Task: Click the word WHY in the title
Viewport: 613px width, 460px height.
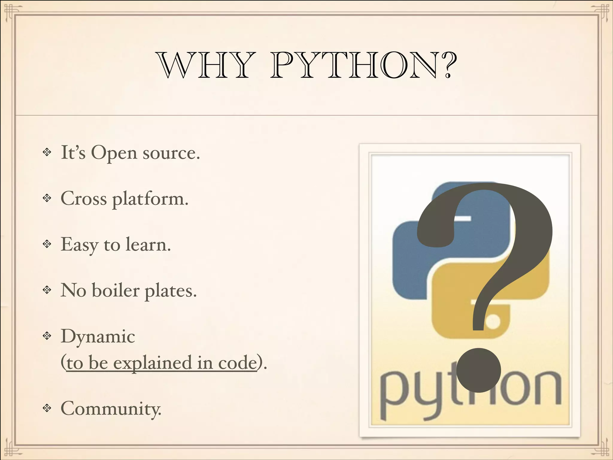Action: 206,65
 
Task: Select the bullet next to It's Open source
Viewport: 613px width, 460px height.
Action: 47,152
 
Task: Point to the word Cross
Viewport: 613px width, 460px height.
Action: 84,199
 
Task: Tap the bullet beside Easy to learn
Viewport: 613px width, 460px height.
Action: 47,244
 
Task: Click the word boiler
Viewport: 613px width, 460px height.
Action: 116,290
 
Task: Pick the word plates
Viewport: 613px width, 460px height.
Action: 171,291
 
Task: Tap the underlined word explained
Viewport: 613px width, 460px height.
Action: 152,363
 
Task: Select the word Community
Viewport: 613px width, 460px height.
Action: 111,408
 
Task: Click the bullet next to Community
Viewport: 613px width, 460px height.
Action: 47,408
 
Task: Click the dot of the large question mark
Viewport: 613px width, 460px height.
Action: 479,370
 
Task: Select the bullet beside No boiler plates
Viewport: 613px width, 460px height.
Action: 47,290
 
